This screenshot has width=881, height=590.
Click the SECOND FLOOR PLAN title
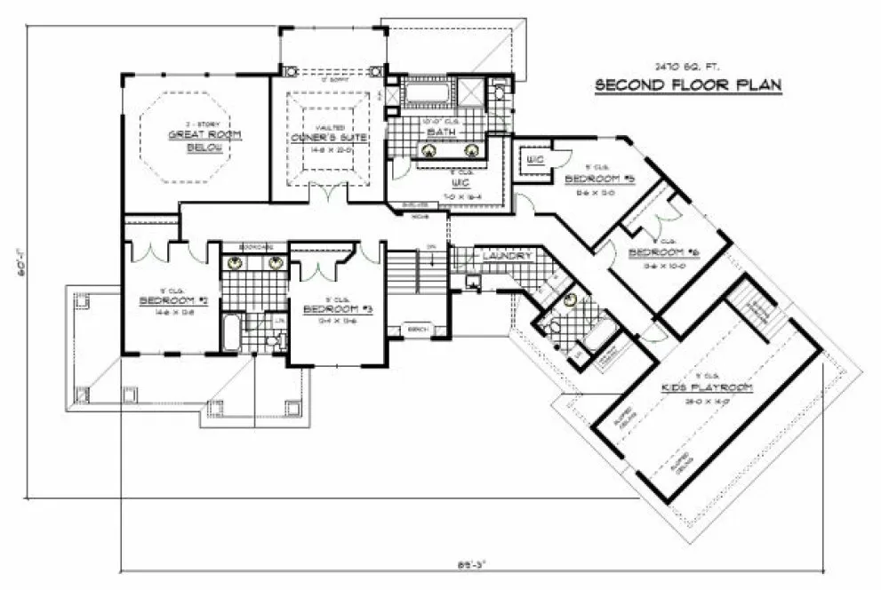pos(687,85)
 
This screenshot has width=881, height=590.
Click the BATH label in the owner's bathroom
pos(441,133)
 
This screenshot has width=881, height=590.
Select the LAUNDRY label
pos(506,256)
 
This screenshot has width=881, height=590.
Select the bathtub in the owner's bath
pos(428,92)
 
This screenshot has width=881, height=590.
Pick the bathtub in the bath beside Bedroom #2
pos(228,332)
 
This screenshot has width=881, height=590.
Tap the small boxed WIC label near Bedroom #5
pos(534,160)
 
